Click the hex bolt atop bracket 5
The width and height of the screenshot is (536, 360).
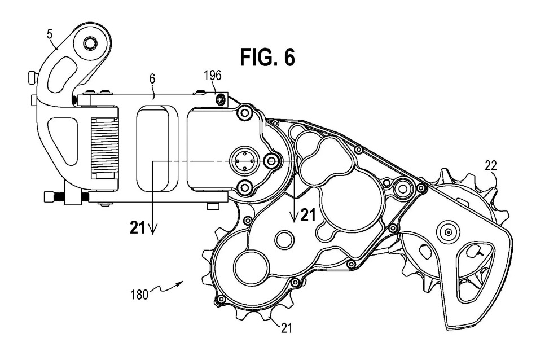click(90, 43)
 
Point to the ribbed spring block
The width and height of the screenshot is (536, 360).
click(104, 151)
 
